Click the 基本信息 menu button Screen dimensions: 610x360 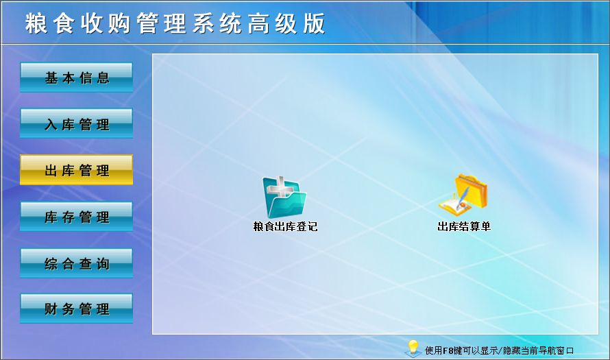[76, 77]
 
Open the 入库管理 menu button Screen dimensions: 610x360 [76, 123]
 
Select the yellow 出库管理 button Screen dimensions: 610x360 [76, 169]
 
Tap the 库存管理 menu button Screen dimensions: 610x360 [76, 217]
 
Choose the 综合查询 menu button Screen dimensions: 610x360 [76, 263]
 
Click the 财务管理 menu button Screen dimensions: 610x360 [76, 309]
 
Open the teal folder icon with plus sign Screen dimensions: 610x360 [284, 197]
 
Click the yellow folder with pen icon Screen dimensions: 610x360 [463, 194]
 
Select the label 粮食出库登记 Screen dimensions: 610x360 [285, 226]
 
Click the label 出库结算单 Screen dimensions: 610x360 [464, 226]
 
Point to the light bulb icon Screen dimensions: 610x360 [413, 348]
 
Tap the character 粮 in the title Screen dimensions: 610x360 [36, 23]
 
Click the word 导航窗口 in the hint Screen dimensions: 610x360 [556, 350]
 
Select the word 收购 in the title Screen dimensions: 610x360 [106, 23]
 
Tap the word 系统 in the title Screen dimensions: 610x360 [217, 23]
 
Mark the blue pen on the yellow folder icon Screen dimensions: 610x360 [463, 197]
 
